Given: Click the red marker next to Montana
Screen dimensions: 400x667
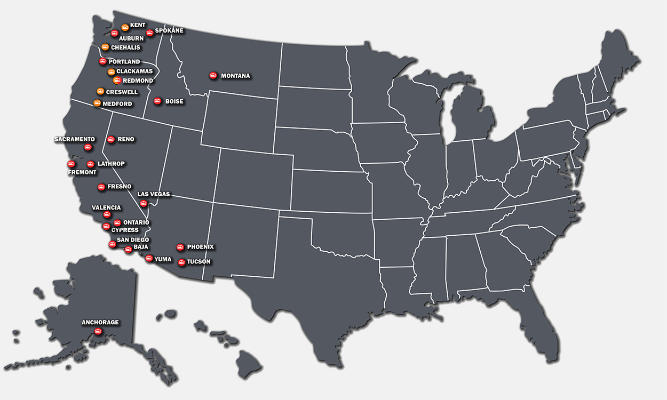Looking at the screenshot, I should pyautogui.click(x=213, y=76).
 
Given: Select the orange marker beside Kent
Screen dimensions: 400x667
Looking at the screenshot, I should pyautogui.click(x=125, y=27).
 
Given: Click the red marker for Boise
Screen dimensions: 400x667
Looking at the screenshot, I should pyautogui.click(x=157, y=101).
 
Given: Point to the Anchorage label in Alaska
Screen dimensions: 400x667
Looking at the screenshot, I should pyautogui.click(x=100, y=322).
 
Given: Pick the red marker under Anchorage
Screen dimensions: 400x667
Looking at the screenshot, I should pyautogui.click(x=98, y=332).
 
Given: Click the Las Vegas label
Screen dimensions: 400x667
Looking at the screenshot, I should pyautogui.click(x=154, y=194).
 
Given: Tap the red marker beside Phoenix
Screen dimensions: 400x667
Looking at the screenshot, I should pyautogui.click(x=180, y=247).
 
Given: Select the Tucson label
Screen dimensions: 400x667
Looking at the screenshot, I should pyautogui.click(x=198, y=262).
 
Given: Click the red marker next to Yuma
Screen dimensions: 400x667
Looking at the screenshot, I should pyautogui.click(x=149, y=258).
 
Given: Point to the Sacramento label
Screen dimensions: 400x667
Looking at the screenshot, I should pyautogui.click(x=75, y=139).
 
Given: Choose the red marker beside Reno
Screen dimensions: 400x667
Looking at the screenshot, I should pyautogui.click(x=111, y=139).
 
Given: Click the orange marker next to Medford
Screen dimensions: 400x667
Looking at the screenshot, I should pyautogui.click(x=97, y=103).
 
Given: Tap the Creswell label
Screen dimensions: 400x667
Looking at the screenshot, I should pyautogui.click(x=122, y=92).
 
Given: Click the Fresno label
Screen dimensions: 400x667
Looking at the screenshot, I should pyautogui.click(x=119, y=187).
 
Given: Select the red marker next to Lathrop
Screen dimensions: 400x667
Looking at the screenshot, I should pyautogui.click(x=91, y=164).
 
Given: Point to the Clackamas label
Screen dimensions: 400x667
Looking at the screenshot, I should pyautogui.click(x=134, y=71).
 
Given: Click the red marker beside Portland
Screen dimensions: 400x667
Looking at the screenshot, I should pyautogui.click(x=102, y=61).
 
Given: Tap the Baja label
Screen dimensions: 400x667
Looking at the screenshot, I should pyautogui.click(x=141, y=247).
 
